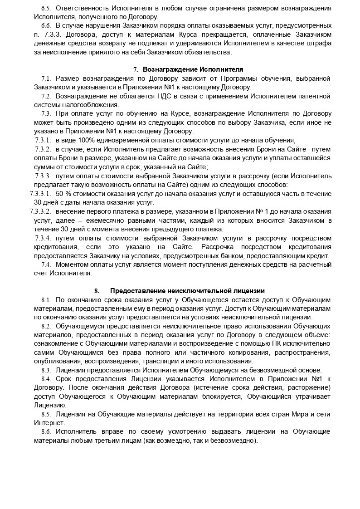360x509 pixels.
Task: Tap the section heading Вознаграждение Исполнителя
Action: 193,69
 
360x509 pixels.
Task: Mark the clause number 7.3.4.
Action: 43,238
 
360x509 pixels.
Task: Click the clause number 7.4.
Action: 46,264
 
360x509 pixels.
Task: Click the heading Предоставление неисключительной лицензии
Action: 187,291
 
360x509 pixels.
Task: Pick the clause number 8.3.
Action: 46,370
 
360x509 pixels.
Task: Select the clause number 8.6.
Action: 46,431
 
